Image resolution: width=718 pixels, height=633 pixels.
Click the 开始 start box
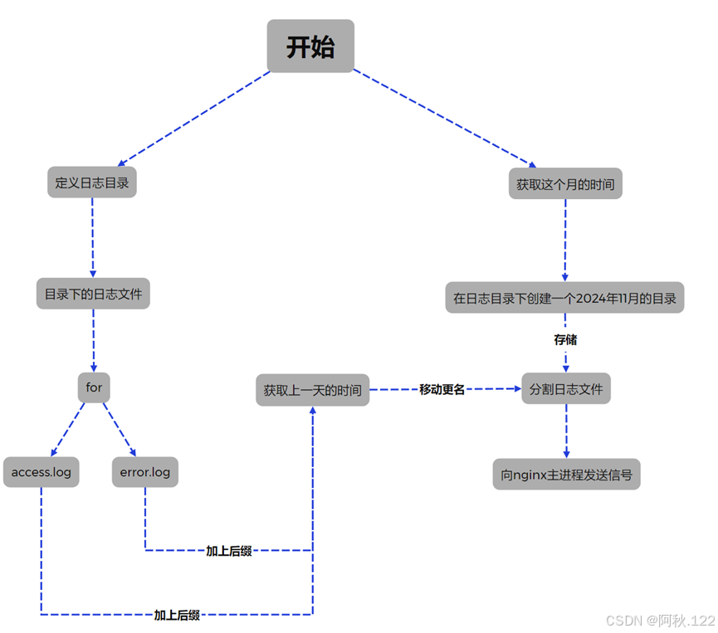point(310,46)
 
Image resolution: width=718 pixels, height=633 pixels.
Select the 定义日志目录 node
point(92,183)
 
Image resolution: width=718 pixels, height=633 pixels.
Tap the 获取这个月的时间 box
point(565,184)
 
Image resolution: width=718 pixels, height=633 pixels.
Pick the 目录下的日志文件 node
point(93,294)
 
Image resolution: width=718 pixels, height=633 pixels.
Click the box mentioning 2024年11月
point(564,298)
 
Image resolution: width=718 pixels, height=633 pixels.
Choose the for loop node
point(94,387)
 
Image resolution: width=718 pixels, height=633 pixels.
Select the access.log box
point(42,472)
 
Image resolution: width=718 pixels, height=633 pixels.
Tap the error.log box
point(145,472)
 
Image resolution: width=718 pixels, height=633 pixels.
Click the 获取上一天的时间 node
point(313,390)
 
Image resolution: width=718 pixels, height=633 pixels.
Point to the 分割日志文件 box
point(566,388)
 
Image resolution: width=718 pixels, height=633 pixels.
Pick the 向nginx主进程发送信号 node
point(566,475)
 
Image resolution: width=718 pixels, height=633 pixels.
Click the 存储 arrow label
point(565,339)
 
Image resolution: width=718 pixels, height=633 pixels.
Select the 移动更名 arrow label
point(442,389)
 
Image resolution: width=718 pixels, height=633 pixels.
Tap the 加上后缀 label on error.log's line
point(229,550)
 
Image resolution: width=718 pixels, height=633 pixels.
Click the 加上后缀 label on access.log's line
point(177,615)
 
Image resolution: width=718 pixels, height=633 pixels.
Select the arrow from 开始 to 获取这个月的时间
point(444,119)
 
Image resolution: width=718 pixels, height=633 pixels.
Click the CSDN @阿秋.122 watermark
point(660,621)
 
